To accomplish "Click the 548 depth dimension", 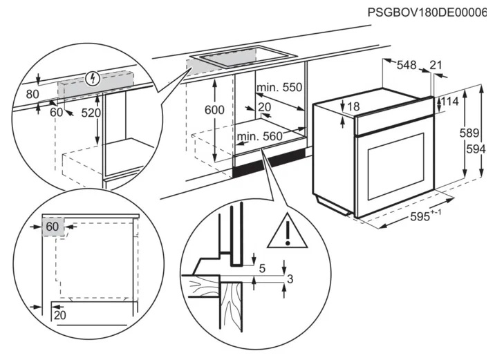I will tap(407, 66).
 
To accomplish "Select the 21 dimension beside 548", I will tap(436, 66).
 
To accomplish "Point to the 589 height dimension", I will tap(470, 133).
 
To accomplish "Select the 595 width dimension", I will tap(420, 216).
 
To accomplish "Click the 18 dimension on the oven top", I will tap(354, 106).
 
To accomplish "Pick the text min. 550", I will tap(279, 88).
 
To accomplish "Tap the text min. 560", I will tap(260, 137).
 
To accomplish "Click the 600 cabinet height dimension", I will tap(216, 111).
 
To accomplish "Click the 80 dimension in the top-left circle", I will tap(32, 95).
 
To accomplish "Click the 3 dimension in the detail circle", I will tap(290, 278).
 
